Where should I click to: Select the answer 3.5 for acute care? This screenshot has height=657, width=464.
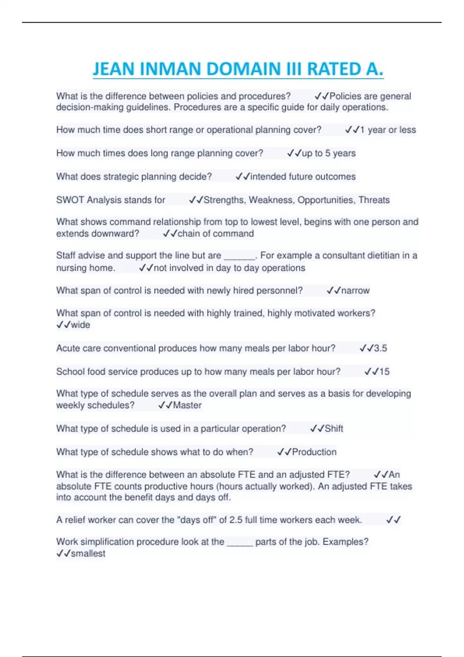tap(380, 348)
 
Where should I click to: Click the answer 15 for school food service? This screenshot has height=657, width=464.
tap(384, 371)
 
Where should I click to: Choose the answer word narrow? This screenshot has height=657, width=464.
tap(355, 290)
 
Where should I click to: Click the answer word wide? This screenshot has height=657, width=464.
tap(80, 325)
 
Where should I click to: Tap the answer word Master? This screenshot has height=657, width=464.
tap(187, 405)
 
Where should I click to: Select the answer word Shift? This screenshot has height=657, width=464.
tap(334, 429)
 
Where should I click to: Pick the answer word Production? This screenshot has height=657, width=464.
tap(314, 452)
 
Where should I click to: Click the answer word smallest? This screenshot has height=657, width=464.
tap(88, 553)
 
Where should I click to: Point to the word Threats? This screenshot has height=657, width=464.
tap(374, 200)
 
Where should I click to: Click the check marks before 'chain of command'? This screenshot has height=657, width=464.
tap(170, 233)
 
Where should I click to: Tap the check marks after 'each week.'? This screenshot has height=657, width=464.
tap(393, 520)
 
